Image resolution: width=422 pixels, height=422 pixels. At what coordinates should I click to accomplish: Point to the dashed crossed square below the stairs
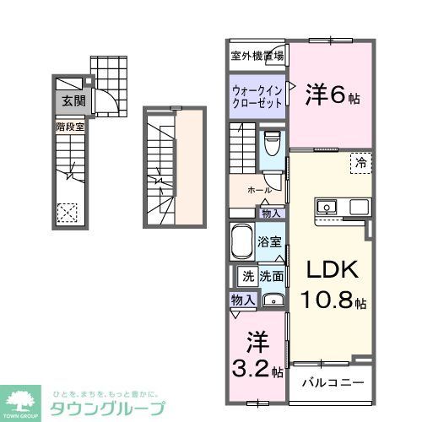coord(67,212)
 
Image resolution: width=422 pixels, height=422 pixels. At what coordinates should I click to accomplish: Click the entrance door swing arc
coord(105,103)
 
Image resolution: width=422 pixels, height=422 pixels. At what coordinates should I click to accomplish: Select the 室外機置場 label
coord(257,57)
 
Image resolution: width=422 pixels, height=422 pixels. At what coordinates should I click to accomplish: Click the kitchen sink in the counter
coord(326,206)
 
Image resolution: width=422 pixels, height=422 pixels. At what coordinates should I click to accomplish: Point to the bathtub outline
coord(245,242)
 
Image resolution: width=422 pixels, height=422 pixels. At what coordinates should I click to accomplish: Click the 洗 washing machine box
coord(248,275)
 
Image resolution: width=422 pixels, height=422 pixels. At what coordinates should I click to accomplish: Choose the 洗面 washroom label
coord(271,275)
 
